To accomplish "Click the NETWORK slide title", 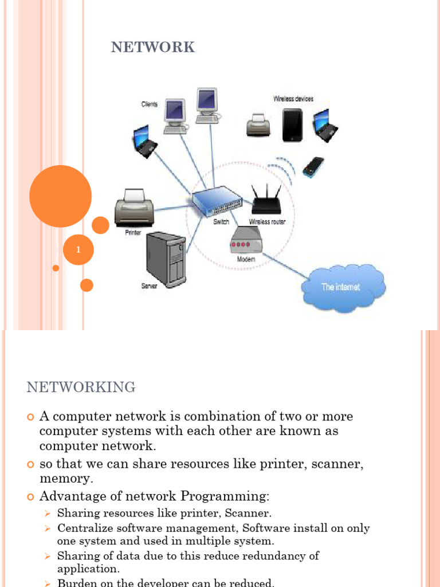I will (153, 48).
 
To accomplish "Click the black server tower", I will (166, 259).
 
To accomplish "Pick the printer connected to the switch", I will (134, 208).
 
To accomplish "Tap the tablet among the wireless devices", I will (292, 125).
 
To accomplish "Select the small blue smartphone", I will (313, 166).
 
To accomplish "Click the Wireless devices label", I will (293, 99).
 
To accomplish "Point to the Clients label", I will (150, 104).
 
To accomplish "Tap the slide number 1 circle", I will (78, 250).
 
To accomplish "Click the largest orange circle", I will (60, 196).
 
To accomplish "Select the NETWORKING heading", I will (81, 388).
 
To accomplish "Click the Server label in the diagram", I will (150, 285).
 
